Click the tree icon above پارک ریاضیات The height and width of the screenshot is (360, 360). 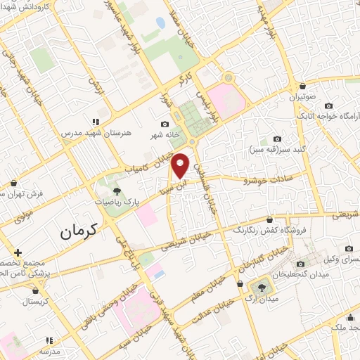(x=117, y=191)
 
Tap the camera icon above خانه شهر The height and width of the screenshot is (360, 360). (x=165, y=124)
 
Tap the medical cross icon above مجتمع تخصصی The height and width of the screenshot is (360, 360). (x=18, y=252)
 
